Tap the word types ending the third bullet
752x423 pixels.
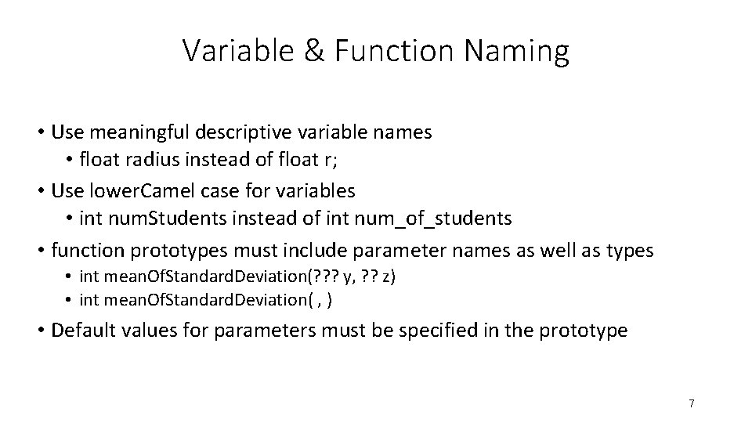627,250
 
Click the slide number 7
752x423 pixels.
692,403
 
